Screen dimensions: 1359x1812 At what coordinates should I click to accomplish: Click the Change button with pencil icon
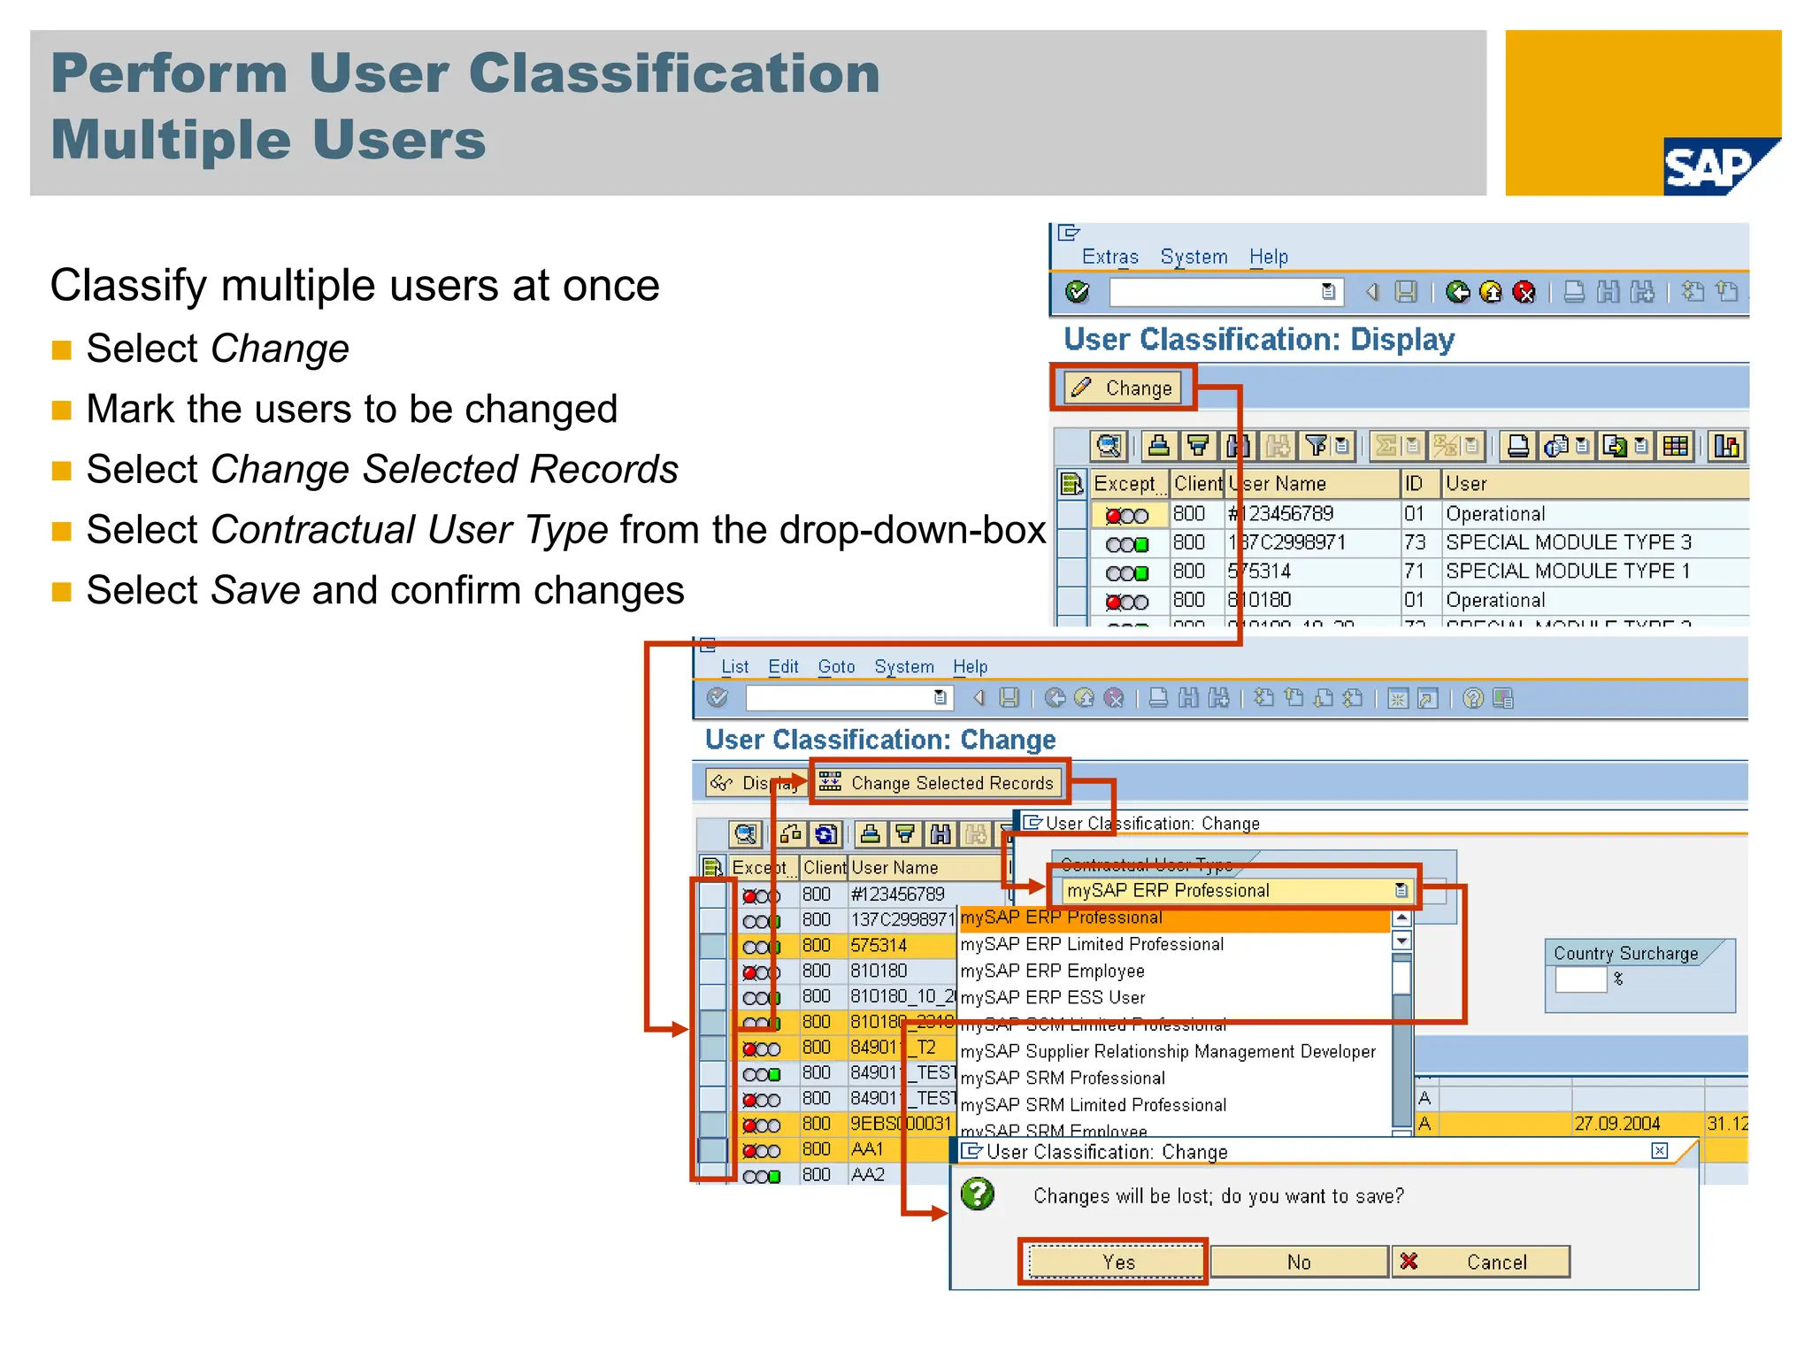[x=1123, y=388]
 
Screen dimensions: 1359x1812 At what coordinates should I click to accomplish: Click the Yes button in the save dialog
[x=1117, y=1262]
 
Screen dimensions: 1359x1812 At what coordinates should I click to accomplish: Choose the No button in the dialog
[x=1298, y=1262]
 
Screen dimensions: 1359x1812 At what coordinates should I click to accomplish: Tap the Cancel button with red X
[x=1481, y=1262]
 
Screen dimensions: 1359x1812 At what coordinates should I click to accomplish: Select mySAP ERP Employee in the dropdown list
[x=1052, y=971]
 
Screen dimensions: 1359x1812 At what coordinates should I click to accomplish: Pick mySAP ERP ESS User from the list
[x=1052, y=997]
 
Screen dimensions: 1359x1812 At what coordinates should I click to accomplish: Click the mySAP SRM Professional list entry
[x=1062, y=1078]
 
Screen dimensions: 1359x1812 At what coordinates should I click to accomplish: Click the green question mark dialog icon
[x=978, y=1194]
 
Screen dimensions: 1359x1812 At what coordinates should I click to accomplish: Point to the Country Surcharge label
[x=1625, y=953]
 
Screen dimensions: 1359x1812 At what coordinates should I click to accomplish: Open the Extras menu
[x=1109, y=257]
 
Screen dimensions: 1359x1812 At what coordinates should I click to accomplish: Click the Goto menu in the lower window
[x=835, y=666]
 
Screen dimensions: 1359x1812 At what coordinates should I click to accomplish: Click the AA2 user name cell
[x=867, y=1174]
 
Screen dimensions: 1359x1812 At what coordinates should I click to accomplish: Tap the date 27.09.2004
[x=1616, y=1123]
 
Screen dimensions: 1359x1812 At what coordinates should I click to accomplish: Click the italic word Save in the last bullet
[x=256, y=590]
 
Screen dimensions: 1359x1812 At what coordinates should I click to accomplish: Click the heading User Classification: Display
[x=1258, y=340]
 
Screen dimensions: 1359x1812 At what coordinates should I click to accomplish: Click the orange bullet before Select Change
[x=61, y=349]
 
